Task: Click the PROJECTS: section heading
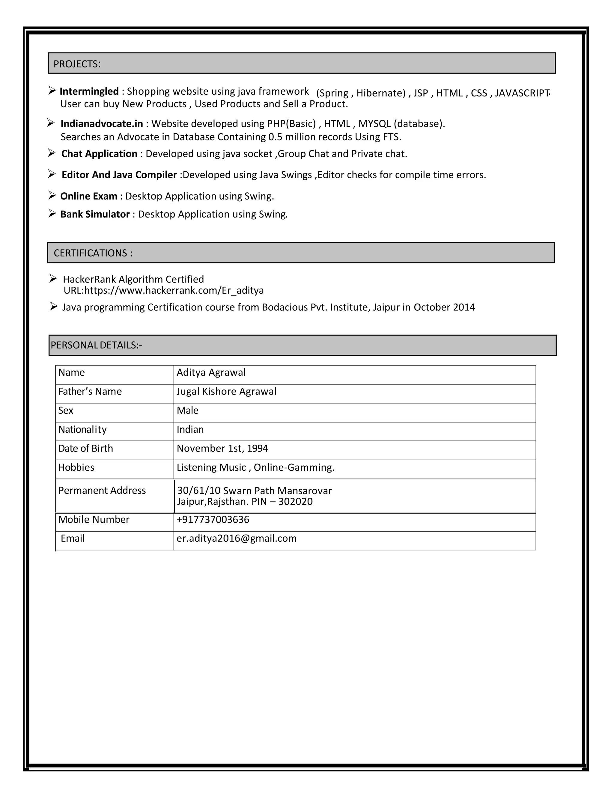point(77,64)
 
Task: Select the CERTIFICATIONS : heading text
point(93,253)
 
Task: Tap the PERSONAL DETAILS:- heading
point(97,345)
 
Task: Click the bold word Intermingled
point(89,91)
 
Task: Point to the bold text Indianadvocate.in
point(102,124)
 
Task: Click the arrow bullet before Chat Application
point(52,153)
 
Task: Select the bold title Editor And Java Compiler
point(119,175)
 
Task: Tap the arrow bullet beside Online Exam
point(52,196)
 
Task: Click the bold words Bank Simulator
point(95,214)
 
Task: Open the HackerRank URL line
point(164,290)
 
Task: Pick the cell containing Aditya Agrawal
point(211,373)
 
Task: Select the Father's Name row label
point(90,392)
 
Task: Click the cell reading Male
point(187,410)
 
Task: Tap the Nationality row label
point(82,429)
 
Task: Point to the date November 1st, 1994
point(222,448)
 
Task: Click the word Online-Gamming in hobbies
point(293,467)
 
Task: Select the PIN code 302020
point(295,502)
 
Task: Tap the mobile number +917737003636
point(213,520)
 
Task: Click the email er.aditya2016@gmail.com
point(237,538)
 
